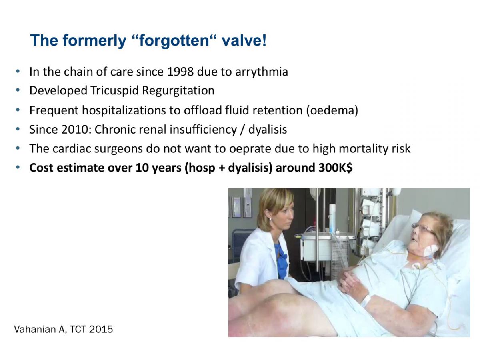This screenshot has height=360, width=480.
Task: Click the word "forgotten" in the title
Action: tap(174, 41)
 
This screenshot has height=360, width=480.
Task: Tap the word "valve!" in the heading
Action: tap(244, 40)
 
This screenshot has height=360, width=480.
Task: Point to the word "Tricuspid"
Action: tap(114, 91)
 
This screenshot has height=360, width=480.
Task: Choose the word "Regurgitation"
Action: tap(178, 91)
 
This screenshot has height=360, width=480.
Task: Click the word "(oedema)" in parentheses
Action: tap(332, 110)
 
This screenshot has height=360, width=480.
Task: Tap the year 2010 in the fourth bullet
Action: tap(74, 129)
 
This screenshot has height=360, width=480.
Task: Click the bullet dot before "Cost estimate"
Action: tap(18, 168)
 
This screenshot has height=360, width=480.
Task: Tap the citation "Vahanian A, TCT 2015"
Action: tap(64, 329)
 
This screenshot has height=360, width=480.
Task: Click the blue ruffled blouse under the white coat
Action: tap(281, 260)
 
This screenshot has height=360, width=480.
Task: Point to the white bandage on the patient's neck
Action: tap(430, 251)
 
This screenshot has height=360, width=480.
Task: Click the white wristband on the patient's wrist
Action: tap(366, 301)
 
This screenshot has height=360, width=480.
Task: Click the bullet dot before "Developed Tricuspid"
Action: tap(18, 90)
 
